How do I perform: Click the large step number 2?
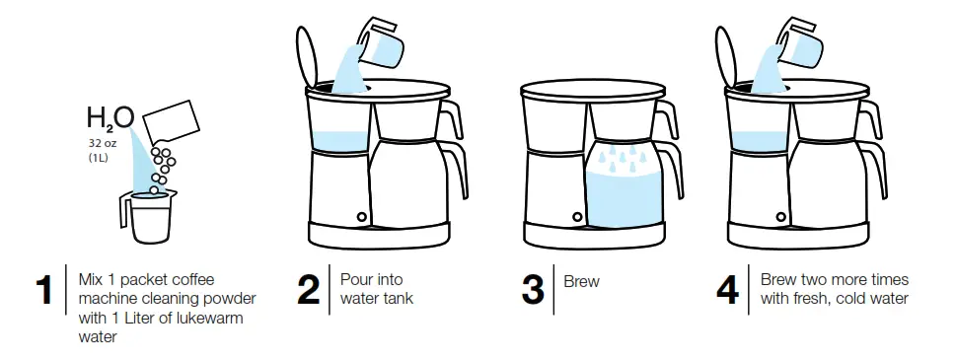click(x=308, y=289)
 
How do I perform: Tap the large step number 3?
click(x=533, y=289)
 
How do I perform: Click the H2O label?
click(x=110, y=120)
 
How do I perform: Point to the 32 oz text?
click(x=102, y=143)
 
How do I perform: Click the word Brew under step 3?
click(x=581, y=281)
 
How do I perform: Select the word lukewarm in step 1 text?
click(x=209, y=318)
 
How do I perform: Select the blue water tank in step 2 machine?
click(x=338, y=140)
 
